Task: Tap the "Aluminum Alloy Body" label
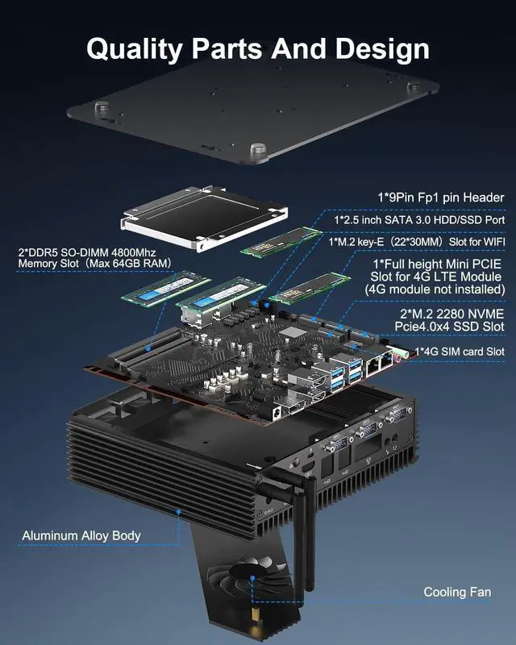[81, 535]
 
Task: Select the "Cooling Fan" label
[457, 592]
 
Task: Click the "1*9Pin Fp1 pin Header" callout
[440, 198]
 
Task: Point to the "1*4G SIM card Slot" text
[459, 352]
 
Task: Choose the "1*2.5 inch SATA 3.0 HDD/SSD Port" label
[419, 219]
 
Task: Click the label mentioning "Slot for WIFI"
[416, 241]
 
